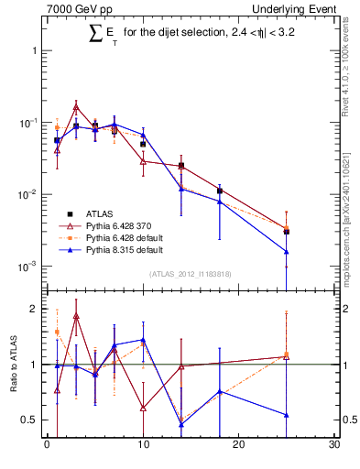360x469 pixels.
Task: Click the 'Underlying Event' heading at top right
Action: pyautogui.click(x=300, y=8)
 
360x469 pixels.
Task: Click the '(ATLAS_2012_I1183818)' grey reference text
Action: pyautogui.click(x=190, y=274)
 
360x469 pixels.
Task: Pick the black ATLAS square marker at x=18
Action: pyautogui.click(x=220, y=191)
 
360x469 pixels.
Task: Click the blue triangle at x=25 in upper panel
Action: pyautogui.click(x=287, y=251)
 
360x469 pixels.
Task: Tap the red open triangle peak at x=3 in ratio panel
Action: pyautogui.click(x=76, y=316)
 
